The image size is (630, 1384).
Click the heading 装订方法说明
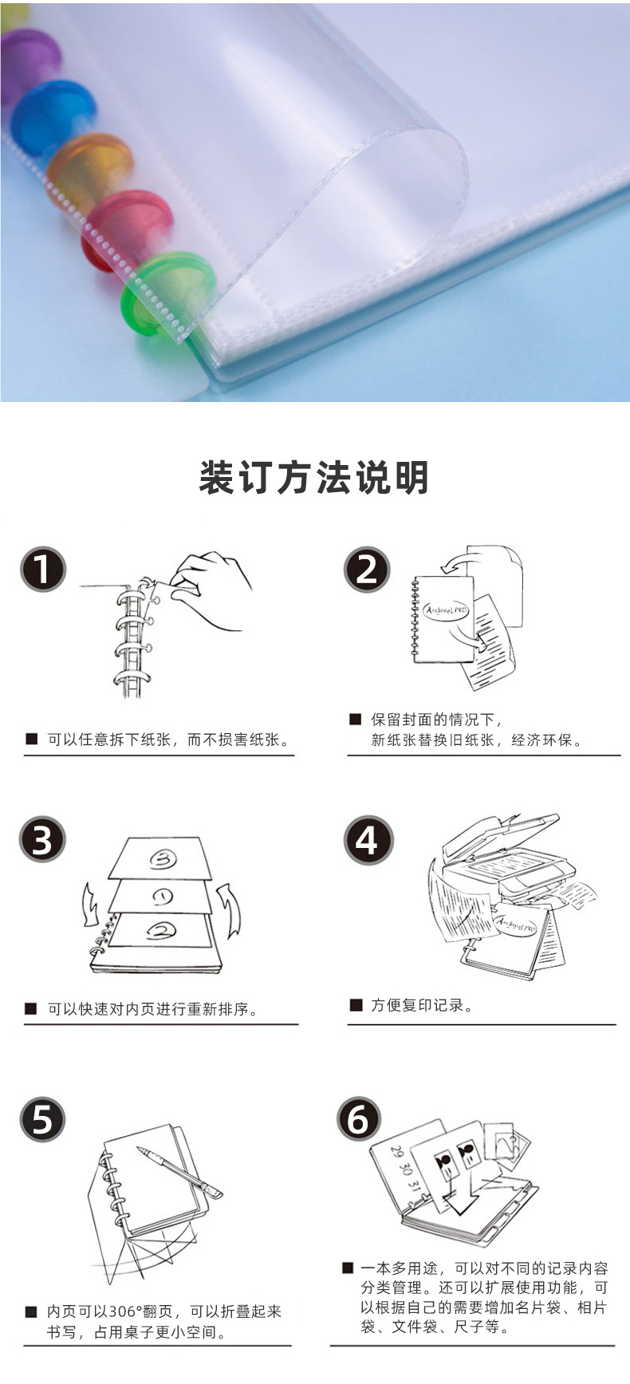pyautogui.click(x=314, y=478)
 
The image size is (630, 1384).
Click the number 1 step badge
pyautogui.click(x=42, y=570)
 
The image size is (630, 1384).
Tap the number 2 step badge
pyautogui.click(x=367, y=570)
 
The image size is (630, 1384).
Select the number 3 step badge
pyautogui.click(x=42, y=839)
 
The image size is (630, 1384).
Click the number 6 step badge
pyautogui.click(x=358, y=1118)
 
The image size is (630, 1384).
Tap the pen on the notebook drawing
pyautogui.click(x=179, y=1171)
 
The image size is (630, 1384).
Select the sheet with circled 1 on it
pyautogui.click(x=161, y=896)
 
